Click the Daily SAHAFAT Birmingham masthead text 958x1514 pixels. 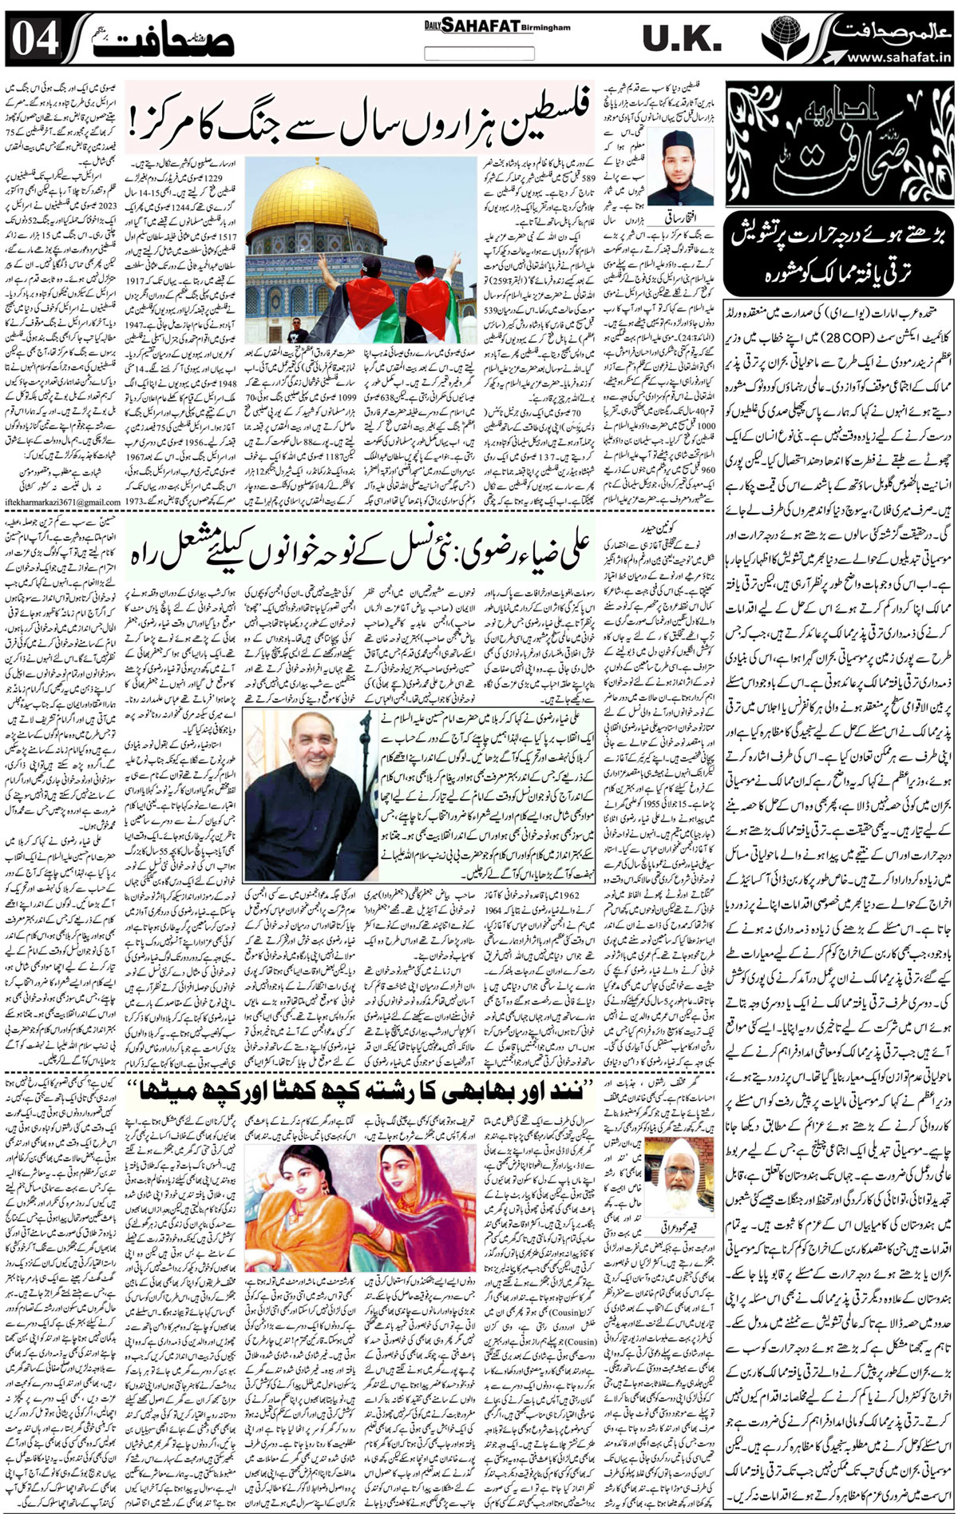click(x=497, y=26)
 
